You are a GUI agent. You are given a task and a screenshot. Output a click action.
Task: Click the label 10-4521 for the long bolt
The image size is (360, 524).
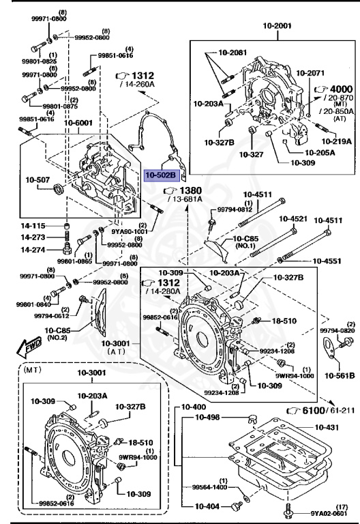(x=292, y=220)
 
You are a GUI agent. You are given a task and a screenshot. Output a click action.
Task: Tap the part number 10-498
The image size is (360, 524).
(x=209, y=418)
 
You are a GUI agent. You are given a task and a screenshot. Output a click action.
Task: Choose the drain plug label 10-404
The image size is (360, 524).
(x=209, y=507)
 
